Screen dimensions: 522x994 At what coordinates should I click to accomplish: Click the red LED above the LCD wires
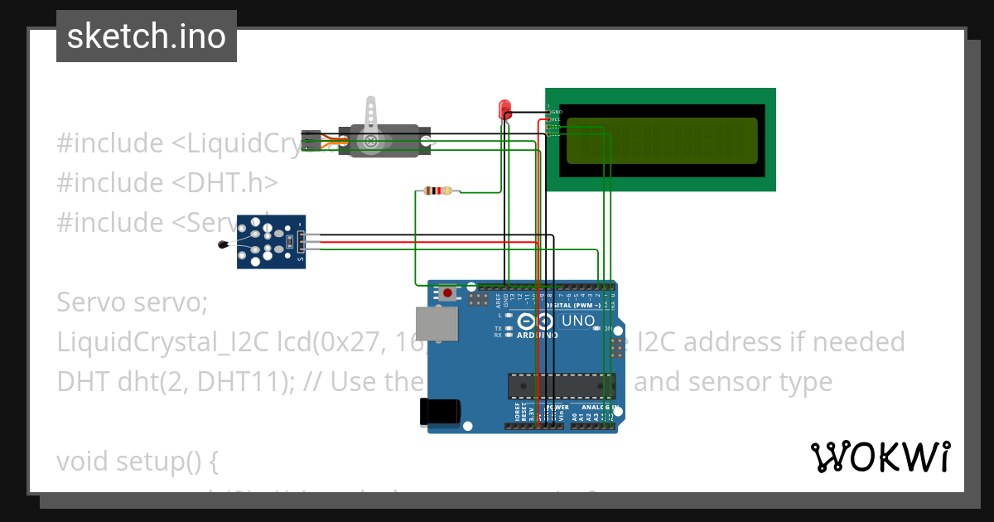pos(504,109)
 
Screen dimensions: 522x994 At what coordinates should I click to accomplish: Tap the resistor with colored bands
pos(437,191)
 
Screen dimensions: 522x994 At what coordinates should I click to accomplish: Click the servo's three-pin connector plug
pos(311,141)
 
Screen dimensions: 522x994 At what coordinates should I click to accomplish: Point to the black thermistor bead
pos(222,244)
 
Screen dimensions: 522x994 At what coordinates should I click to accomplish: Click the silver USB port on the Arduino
pos(436,324)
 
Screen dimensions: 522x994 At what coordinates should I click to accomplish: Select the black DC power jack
pos(439,412)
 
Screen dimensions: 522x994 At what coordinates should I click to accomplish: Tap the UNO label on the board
pos(577,321)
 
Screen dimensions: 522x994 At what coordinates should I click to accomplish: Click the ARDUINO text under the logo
pos(537,336)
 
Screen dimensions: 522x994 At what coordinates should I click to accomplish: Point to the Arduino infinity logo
pos(536,321)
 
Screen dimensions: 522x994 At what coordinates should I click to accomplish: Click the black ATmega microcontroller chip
pos(561,385)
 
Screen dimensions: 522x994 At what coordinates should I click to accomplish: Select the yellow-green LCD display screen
pos(661,140)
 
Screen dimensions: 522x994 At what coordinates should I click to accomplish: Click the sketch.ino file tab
pos(147,36)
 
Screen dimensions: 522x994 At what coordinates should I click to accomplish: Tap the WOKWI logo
pos(880,457)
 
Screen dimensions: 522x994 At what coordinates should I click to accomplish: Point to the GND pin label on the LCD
pos(557,112)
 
